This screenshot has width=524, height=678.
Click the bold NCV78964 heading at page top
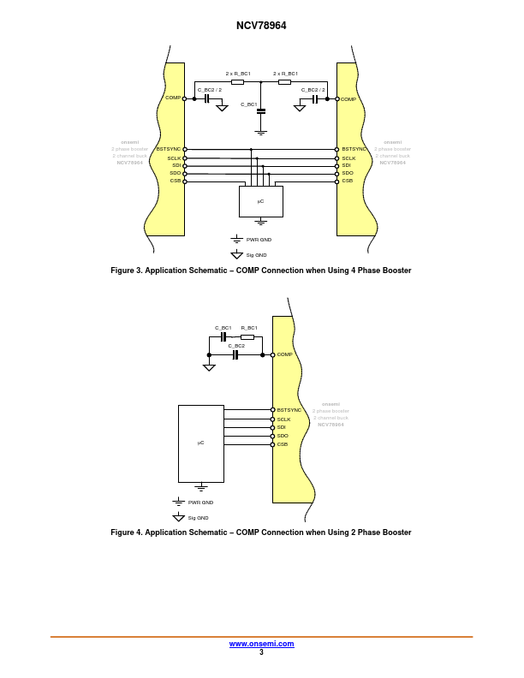[261, 26]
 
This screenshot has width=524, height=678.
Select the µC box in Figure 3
[261, 201]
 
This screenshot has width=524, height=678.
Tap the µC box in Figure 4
[200, 443]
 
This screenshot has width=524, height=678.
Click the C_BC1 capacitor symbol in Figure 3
[261, 110]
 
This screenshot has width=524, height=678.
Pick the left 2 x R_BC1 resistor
[238, 82]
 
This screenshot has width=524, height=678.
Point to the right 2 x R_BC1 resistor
[285, 82]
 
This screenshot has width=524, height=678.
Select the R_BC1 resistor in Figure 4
[247, 336]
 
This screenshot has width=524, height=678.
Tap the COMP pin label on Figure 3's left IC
[172, 98]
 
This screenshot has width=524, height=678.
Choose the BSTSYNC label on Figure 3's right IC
[354, 149]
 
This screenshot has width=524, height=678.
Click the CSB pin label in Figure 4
[283, 444]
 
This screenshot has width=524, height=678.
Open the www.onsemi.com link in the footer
[261, 644]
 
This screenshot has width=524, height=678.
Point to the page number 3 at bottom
[261, 652]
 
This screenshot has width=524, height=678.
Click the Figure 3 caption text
[261, 271]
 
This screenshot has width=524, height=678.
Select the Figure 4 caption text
[261, 532]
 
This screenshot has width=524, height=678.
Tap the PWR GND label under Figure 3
[259, 240]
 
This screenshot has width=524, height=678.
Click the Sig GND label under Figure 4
[198, 518]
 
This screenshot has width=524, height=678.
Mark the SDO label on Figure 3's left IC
[175, 173]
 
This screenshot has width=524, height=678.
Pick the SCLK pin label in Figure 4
[283, 419]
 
